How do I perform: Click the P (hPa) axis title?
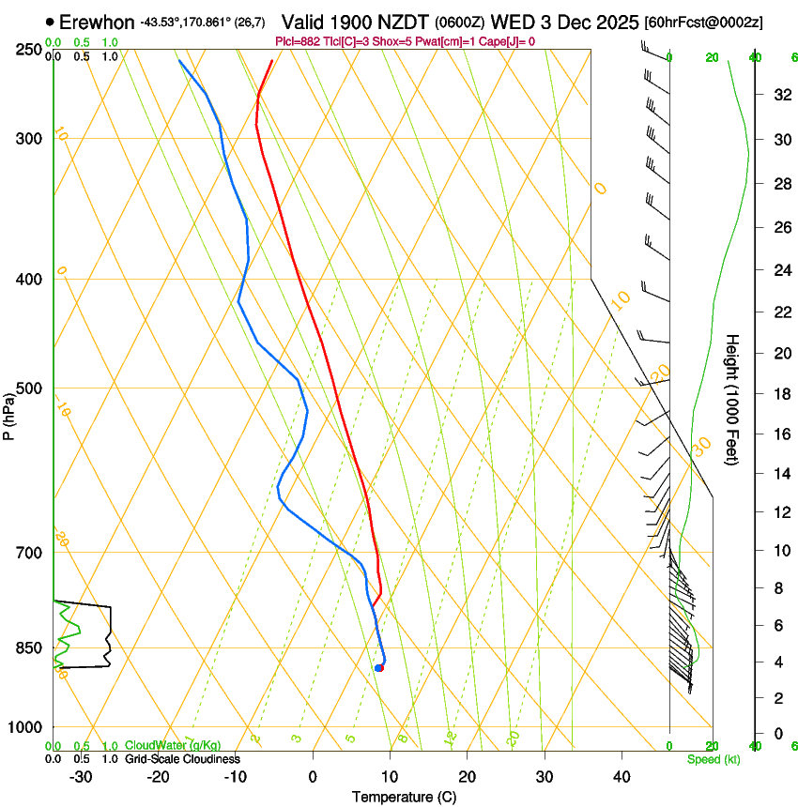click(8, 414)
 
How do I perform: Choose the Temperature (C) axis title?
click(404, 797)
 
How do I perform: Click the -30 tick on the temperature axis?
click(81, 776)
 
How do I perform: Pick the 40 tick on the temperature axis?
click(621, 776)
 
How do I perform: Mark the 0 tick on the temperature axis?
click(313, 776)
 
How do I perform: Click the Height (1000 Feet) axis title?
click(732, 399)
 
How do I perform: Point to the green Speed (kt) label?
click(713, 759)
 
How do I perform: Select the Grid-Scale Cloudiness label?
click(182, 758)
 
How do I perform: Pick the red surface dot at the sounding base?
click(379, 668)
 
